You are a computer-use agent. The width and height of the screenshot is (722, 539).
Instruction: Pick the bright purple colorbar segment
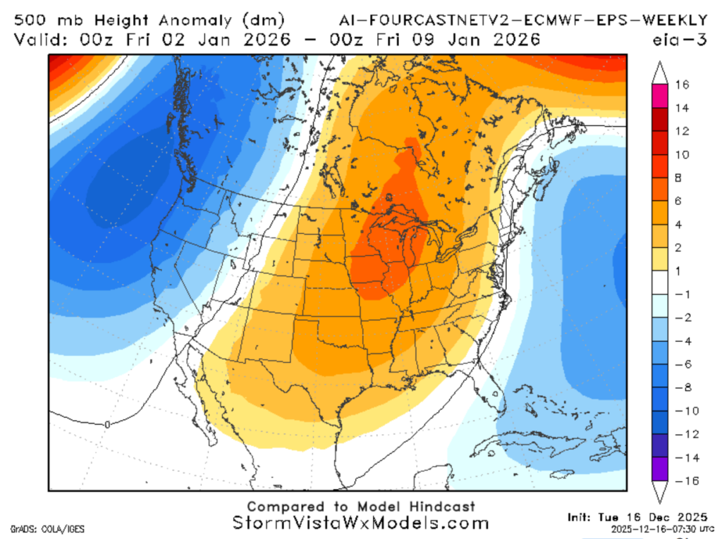pos(660,469)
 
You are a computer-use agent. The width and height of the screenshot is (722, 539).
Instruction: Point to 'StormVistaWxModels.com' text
pos(360,523)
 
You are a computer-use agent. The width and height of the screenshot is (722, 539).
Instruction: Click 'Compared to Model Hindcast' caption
pos(360,507)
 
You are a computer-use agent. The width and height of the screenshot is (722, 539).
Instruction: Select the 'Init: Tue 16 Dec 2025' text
pos(632,517)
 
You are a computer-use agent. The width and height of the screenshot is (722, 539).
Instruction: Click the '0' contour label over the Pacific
pos(106,424)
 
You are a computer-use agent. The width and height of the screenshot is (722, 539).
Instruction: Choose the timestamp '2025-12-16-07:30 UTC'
pos(644,528)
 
